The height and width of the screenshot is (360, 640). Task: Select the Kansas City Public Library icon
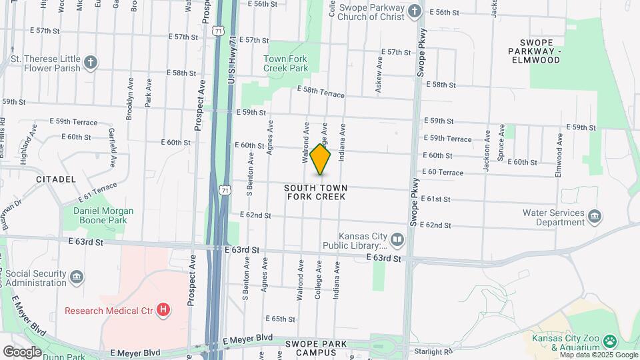pos(397,239)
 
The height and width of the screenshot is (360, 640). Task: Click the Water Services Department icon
pos(595,216)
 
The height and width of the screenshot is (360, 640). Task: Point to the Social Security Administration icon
pos(77,276)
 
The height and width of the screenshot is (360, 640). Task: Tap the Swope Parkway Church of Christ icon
pos(415,11)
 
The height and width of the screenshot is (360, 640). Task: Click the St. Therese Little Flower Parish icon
pos(91,63)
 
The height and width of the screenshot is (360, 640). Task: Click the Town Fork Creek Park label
pos(285,63)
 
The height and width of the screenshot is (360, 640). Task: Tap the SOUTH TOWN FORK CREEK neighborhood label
pos(317,193)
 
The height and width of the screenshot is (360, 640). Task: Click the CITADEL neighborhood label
pos(56,179)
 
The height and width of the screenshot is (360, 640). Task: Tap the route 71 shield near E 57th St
pos(219,31)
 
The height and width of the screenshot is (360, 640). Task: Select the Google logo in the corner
pos(22,351)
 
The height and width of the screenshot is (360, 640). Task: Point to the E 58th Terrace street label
pos(321,91)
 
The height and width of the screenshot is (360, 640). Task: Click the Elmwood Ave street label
pos(559,155)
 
